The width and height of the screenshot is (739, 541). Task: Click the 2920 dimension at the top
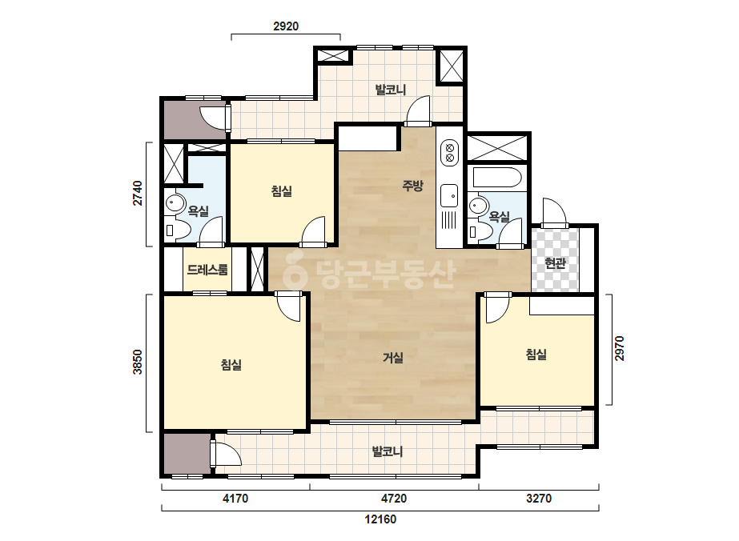tap(286, 26)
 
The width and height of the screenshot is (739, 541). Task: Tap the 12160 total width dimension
tap(380, 519)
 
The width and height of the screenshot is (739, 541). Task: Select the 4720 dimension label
tap(394, 498)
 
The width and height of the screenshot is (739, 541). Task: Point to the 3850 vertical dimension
tap(137, 362)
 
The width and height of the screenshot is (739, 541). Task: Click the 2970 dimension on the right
tap(619, 349)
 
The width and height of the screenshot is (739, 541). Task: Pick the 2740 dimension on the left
tap(137, 193)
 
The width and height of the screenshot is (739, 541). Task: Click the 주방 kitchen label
tap(412, 186)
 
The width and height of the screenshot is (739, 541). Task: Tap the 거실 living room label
tap(392, 358)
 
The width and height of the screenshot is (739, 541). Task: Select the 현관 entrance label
tap(555, 263)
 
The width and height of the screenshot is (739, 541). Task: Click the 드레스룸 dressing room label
tap(207, 270)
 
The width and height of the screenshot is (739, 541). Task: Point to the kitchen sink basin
tap(449, 195)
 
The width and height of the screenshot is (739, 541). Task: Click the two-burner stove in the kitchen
tap(450, 152)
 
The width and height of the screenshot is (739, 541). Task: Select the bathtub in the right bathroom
tap(497, 178)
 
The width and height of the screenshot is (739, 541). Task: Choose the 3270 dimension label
tap(539, 498)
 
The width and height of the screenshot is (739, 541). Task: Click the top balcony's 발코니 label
tap(390, 90)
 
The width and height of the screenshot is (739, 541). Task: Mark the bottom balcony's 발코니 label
tap(388, 451)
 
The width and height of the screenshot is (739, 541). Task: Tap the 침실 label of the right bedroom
tap(536, 355)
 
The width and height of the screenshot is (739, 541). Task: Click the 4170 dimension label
tap(235, 498)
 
